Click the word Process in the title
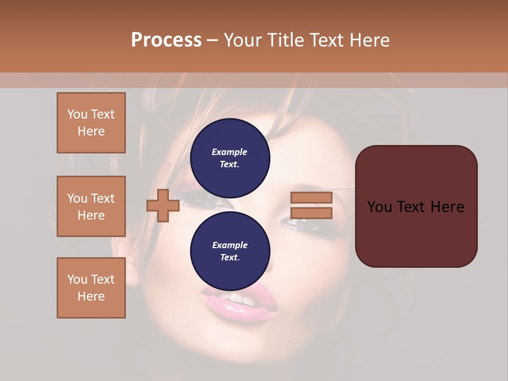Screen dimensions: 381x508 point(166,40)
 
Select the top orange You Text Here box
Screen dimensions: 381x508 point(91,123)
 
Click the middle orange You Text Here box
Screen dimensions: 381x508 point(91,206)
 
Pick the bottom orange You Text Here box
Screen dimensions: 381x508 point(91,287)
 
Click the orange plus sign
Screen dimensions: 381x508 point(163,206)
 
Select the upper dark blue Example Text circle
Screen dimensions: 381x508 point(230,158)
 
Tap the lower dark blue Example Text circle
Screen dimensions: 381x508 point(230,251)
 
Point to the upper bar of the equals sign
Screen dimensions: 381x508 point(311,198)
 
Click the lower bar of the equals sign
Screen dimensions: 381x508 point(311,213)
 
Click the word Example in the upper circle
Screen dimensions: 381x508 point(230,152)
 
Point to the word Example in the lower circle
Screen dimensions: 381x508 point(230,246)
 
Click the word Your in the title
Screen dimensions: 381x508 point(243,40)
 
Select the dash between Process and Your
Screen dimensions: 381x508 point(213,40)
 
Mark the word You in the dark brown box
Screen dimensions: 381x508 point(379,207)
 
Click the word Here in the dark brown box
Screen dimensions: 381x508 point(447,207)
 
